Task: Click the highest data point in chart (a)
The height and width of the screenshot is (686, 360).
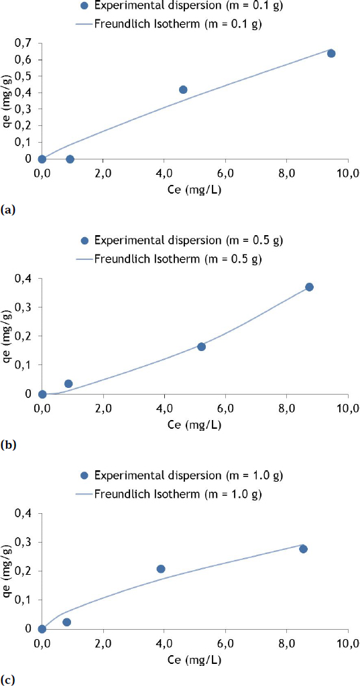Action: click(x=331, y=53)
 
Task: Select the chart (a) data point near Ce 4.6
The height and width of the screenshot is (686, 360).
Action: click(x=183, y=89)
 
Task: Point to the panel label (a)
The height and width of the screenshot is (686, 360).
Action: click(x=7, y=210)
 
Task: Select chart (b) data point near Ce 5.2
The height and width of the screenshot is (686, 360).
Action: click(x=201, y=346)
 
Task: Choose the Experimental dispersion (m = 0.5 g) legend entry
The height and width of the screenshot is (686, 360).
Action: click(x=168, y=241)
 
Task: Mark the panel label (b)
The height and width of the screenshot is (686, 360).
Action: click(x=8, y=444)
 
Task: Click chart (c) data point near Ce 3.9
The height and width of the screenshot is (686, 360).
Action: click(x=161, y=569)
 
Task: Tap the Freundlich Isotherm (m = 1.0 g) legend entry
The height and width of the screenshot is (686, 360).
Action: click(x=168, y=494)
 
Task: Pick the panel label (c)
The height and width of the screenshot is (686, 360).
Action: click(x=7, y=679)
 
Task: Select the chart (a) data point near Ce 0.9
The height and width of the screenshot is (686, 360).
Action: click(x=70, y=159)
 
